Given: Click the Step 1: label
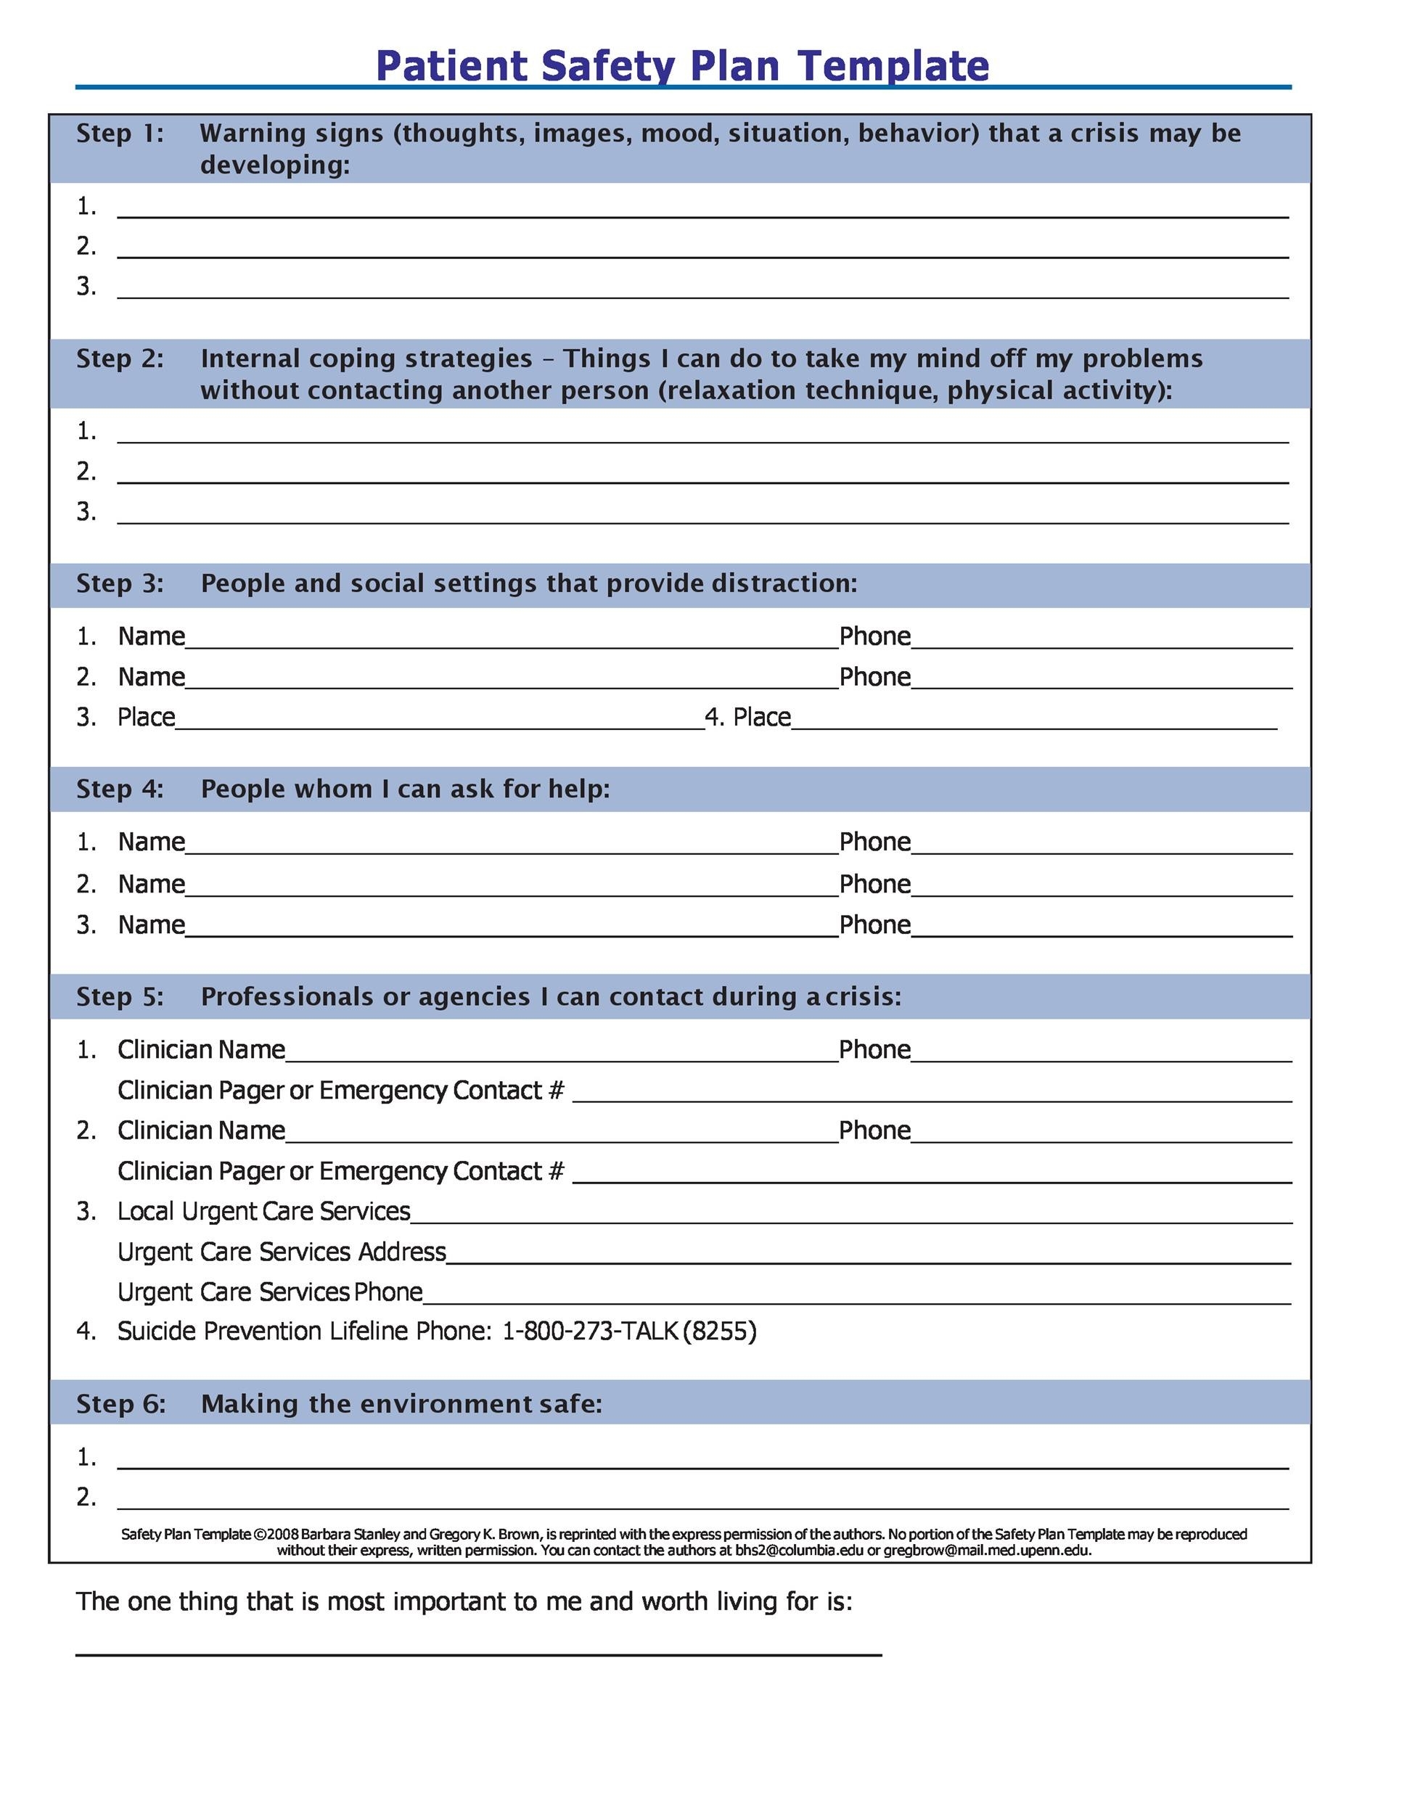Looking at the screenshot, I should coord(120,133).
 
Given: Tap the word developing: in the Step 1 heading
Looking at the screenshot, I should coord(275,165).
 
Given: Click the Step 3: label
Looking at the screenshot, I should coord(120,583).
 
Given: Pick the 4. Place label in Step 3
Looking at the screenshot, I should coord(747,717).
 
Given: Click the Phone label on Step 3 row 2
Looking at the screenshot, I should coord(874,677).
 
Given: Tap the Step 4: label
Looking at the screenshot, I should coord(120,788).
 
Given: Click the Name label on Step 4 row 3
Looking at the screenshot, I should coord(151,924).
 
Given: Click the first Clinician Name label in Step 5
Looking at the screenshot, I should coord(201,1049).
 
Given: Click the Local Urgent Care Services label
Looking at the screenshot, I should coord(263,1211).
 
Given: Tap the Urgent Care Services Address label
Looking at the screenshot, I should coord(282,1252).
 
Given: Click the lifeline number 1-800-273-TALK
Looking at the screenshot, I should coord(590,1331).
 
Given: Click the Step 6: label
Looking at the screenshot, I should coord(121,1404).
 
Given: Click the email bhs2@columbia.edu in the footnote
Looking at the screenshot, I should coord(799,1550).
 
